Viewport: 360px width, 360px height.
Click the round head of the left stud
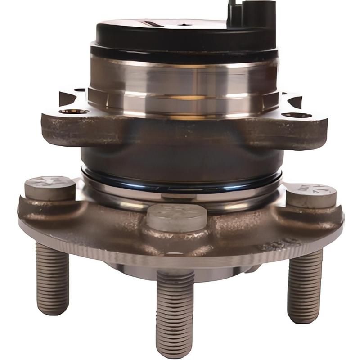(x=49, y=187)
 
